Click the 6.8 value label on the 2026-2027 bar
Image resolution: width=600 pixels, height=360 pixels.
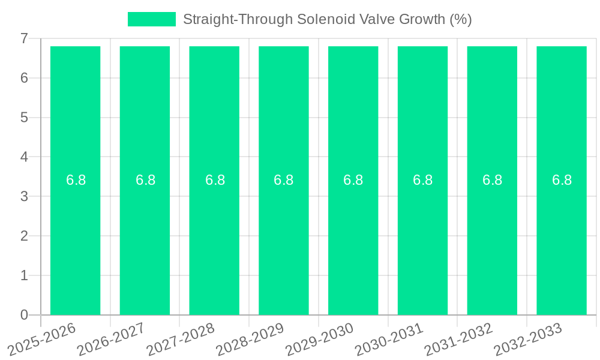point(145,180)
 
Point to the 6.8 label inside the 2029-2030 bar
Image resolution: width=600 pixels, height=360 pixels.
point(353,180)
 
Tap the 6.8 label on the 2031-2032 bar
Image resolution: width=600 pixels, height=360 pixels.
point(492,180)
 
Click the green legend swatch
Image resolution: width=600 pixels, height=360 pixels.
point(152,19)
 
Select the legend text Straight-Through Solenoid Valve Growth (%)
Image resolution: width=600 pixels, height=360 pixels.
point(327,19)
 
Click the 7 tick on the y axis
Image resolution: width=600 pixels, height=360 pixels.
point(24,38)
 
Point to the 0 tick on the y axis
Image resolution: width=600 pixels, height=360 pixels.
point(24,315)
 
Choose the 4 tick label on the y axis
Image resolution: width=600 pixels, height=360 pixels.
point(24,157)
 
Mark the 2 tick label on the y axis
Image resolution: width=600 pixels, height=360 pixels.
point(24,236)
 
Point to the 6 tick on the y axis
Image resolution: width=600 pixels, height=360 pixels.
point(24,78)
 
